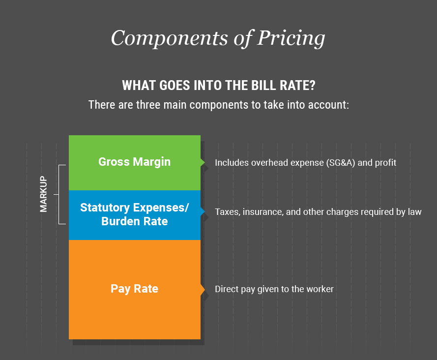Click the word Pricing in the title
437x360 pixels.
pos(291,38)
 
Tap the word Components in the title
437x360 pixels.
pos(170,38)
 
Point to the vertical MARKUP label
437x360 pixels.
pos(43,194)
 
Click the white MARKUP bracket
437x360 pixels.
pos(59,194)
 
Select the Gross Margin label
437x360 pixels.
pos(134,162)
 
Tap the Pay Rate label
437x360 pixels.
pos(134,289)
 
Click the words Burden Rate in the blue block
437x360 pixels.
pos(134,221)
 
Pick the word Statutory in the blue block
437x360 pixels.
pos(105,208)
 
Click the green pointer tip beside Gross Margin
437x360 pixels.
pos(204,162)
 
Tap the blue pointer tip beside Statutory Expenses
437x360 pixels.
pos(204,211)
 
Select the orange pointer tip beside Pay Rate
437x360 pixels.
pos(204,289)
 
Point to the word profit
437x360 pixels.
pos(386,163)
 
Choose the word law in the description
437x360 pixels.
pos(415,212)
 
